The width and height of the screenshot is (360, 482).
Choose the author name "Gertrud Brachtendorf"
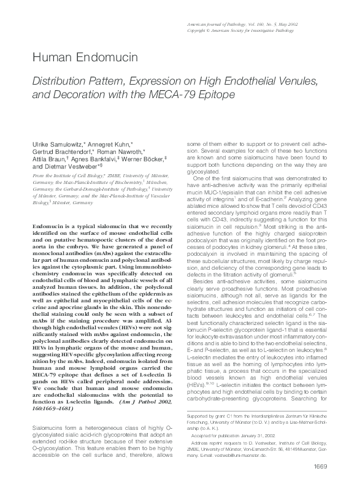click(59, 150)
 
